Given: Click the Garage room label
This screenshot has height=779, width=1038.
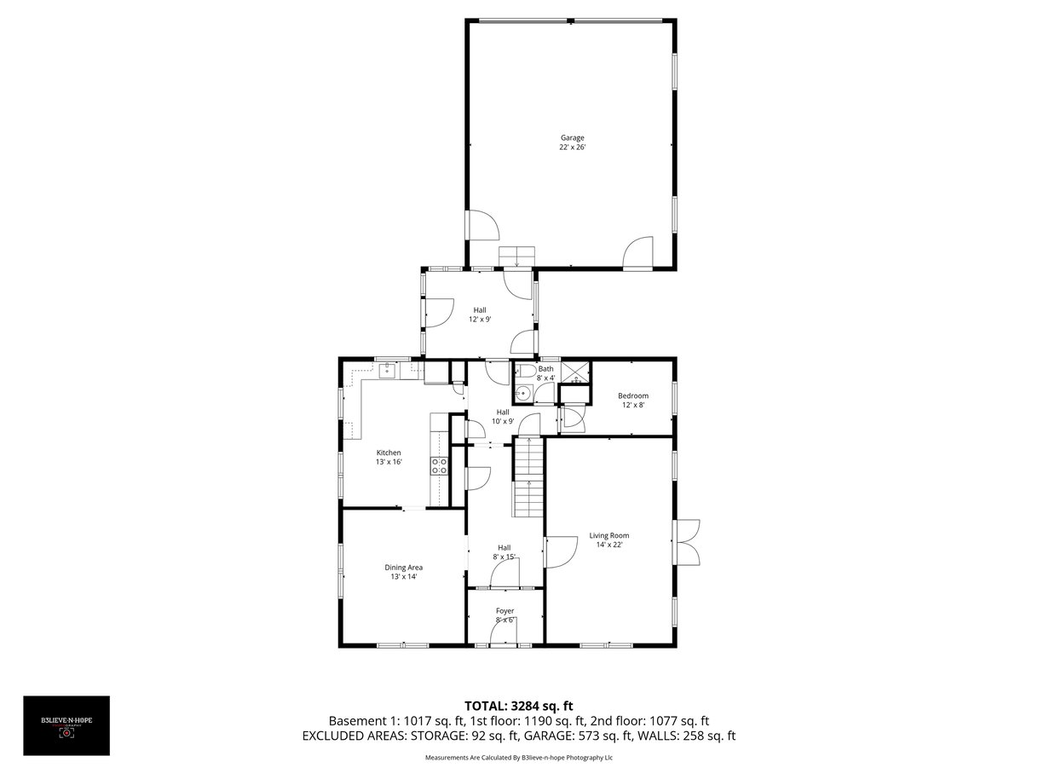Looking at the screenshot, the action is [x=572, y=137].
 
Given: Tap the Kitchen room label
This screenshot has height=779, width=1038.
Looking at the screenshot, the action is [x=389, y=453].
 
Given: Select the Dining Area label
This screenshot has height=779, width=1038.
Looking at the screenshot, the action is [x=403, y=567].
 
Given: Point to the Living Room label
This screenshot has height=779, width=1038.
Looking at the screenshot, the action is [x=609, y=535].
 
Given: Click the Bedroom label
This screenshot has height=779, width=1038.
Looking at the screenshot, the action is [x=633, y=395].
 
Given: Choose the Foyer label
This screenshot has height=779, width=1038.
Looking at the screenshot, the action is [x=505, y=611].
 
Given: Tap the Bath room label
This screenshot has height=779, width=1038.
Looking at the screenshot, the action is [x=545, y=369].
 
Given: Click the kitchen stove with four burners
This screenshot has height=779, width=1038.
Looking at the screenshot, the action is [x=439, y=465].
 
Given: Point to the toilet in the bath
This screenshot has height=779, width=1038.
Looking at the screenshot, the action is [x=525, y=371].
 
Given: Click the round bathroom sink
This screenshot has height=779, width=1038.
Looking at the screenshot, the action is [x=523, y=394].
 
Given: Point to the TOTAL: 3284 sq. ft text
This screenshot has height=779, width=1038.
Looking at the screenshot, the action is [x=519, y=707].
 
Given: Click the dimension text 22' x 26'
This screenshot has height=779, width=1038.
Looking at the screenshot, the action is [x=572, y=147].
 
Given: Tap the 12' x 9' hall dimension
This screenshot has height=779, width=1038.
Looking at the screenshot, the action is [x=480, y=320].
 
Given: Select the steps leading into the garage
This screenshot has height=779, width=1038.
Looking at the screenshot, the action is [x=517, y=257].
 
